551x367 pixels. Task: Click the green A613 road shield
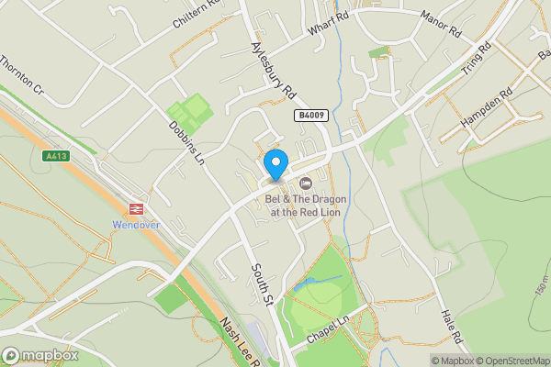(x=57, y=156)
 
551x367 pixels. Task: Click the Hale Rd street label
(x=450, y=327)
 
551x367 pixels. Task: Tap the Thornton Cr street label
(x=21, y=77)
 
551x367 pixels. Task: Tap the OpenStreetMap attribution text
(x=510, y=361)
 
